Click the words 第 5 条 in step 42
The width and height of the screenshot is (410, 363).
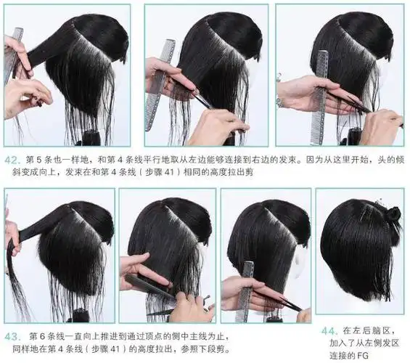[x=42, y=159]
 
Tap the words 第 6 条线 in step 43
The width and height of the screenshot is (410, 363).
[x=48, y=337]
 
